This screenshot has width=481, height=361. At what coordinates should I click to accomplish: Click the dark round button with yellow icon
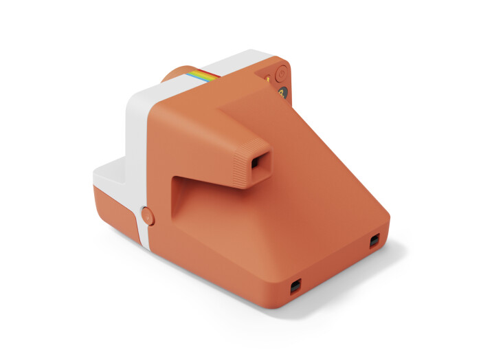(x=282, y=93)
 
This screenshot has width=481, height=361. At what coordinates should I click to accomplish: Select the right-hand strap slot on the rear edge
(x=374, y=241)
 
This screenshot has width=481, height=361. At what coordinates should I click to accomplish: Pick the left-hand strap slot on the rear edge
(x=295, y=285)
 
